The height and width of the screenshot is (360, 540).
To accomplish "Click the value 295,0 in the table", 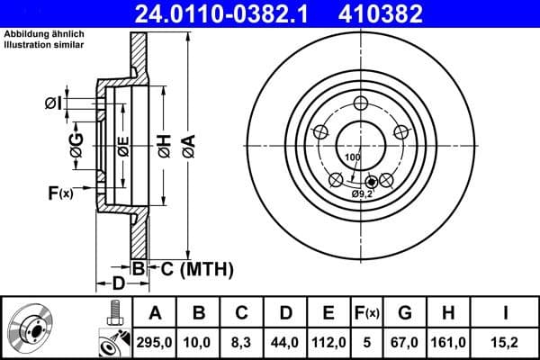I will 155,342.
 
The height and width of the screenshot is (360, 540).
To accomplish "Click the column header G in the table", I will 405,313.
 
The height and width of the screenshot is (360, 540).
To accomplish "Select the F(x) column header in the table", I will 368,313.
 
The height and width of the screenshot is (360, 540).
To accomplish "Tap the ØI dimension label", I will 53,104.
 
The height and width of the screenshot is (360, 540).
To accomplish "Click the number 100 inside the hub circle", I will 351,157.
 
